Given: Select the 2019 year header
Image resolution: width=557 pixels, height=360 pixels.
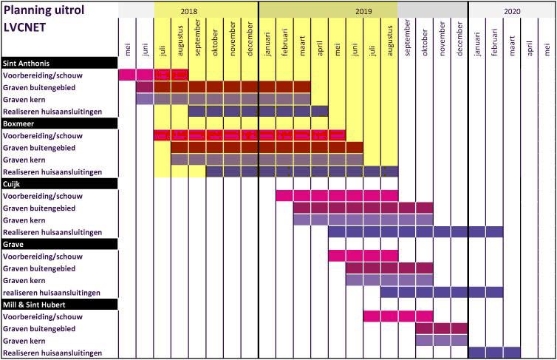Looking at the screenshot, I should point(363,12).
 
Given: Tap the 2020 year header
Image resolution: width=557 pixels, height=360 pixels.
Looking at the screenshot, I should point(512,12).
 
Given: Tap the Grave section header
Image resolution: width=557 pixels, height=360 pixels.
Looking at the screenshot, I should point(15,243).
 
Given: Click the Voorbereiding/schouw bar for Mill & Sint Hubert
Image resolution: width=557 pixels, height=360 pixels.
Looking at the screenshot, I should point(381,316).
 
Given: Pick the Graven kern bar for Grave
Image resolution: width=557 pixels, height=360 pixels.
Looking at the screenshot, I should point(389,280).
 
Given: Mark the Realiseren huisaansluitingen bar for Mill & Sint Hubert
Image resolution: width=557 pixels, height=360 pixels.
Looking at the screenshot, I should point(494,353).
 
